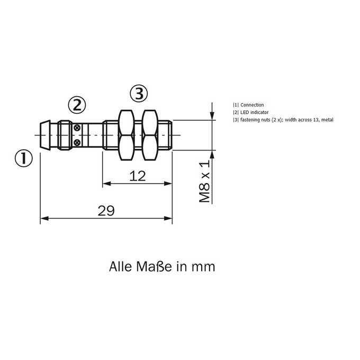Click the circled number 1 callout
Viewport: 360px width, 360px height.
pos(24,158)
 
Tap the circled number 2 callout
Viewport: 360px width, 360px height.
pos(77,105)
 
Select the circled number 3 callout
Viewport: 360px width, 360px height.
pos(139,94)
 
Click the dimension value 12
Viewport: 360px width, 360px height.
pos(137,176)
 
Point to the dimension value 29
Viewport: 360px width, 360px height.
pos(106,211)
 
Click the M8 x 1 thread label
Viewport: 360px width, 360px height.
pos(204,182)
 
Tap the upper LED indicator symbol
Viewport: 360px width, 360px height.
pos(77,128)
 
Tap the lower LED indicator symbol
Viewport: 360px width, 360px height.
pos(77,142)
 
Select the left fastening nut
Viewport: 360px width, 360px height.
pos(126,135)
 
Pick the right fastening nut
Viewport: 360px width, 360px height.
pos(150,135)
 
